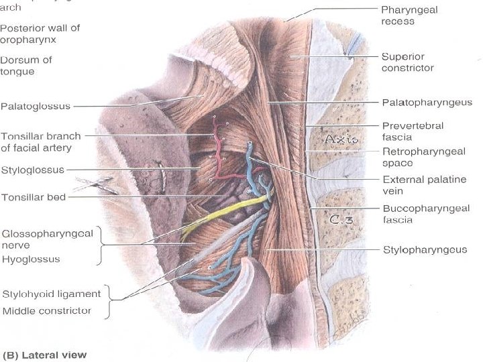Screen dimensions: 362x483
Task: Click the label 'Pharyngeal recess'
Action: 407,15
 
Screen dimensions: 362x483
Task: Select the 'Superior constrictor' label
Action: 407,62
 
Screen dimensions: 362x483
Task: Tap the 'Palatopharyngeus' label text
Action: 427,103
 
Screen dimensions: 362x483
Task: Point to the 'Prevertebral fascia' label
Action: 413,131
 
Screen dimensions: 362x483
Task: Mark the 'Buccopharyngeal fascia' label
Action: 416,214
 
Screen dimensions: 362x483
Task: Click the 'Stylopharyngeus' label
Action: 425,249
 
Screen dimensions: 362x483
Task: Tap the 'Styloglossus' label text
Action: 32,170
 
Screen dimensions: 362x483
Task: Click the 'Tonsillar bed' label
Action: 33,197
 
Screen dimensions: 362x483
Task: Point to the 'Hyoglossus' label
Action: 31,259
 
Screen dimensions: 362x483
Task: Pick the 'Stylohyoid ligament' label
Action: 51,294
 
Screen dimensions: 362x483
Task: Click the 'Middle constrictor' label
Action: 47,310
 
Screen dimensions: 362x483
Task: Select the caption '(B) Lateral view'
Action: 45,355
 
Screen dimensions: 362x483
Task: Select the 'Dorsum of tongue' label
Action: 26,65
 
